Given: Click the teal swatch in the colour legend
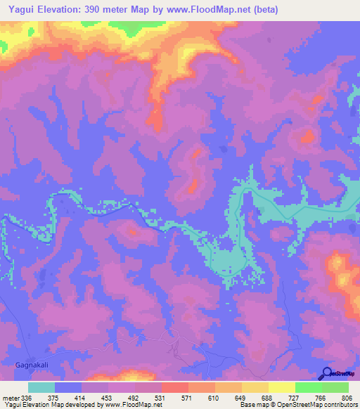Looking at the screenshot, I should click(x=41, y=387).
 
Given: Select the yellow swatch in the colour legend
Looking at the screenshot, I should click(x=281, y=387).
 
